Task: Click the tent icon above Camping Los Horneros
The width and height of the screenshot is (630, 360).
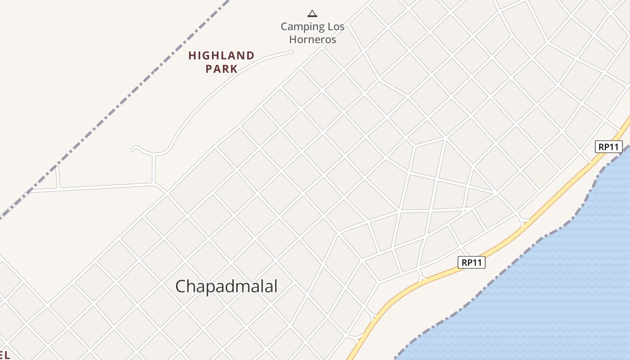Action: point(312,13)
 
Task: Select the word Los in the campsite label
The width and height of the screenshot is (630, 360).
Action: point(336,27)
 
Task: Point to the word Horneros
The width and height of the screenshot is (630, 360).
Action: point(312,39)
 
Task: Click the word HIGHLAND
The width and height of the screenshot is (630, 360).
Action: point(221,56)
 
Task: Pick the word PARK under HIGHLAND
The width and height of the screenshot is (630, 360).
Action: point(221,69)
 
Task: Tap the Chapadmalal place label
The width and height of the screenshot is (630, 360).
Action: point(226,286)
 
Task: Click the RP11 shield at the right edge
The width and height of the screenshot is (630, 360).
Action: point(608,147)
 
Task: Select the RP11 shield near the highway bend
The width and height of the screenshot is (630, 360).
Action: point(471,262)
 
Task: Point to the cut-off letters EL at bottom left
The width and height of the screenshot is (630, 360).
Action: point(4,355)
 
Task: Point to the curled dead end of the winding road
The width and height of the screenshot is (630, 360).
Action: point(134,148)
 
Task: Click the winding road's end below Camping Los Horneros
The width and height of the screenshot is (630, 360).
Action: point(292,52)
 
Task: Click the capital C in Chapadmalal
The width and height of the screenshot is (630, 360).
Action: point(180,287)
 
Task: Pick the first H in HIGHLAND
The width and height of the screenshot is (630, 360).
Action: point(192,56)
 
